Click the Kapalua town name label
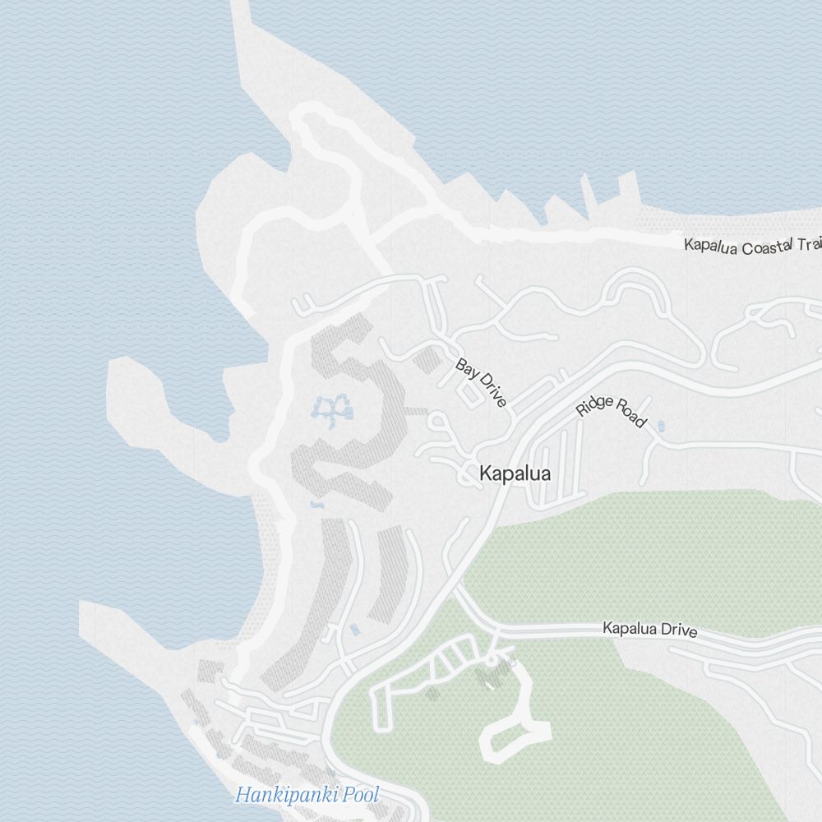(515, 474)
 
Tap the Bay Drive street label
(482, 383)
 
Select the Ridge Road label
(611, 413)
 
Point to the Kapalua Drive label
(650, 630)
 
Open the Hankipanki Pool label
(307, 795)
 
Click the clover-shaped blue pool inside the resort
(334, 409)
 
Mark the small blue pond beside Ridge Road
(662, 426)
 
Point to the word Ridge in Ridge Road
(593, 404)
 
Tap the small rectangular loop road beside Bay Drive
(470, 395)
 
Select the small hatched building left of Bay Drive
(427, 359)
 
